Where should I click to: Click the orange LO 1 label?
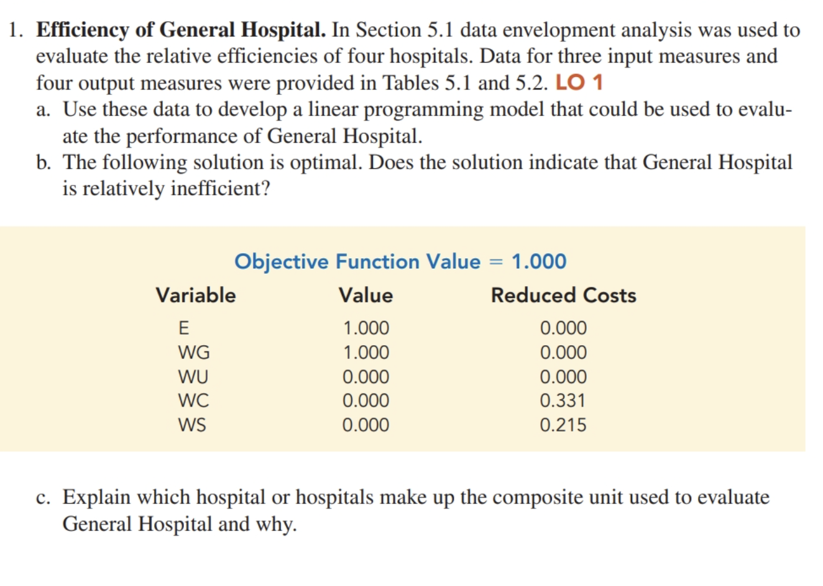coord(579,83)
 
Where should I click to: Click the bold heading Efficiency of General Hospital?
coord(180,30)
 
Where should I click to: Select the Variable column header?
coord(196,295)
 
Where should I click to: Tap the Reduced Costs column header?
coord(563,295)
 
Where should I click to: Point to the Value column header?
coord(366,295)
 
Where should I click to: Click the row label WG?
coord(194,353)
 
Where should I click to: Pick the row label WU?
coord(193,377)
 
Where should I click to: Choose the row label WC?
coord(193,401)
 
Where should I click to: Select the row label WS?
coord(192,425)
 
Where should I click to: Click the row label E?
coord(183,328)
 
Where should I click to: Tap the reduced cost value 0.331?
coord(563,401)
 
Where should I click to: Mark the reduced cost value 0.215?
coord(563,425)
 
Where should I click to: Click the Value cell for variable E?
coord(366,328)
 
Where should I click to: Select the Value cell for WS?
coord(366,425)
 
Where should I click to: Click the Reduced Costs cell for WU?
coord(563,377)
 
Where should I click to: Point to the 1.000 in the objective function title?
coord(539,261)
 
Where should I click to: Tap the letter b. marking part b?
coord(44,163)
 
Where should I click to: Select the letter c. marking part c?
coord(44,497)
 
